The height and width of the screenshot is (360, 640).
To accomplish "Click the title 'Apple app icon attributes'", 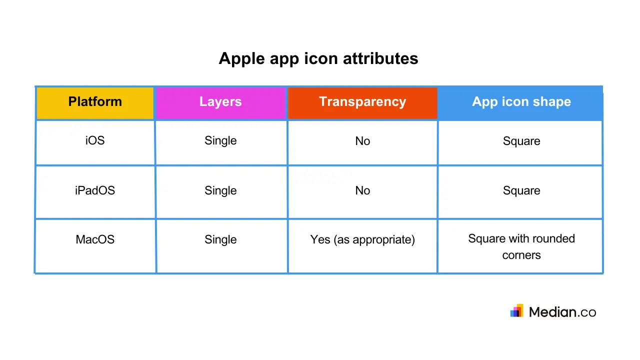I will click(x=318, y=58).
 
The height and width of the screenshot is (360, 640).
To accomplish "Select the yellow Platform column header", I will click(x=95, y=102).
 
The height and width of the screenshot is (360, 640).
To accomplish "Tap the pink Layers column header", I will click(x=220, y=102).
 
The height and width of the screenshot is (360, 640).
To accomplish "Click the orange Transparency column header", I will click(x=362, y=102).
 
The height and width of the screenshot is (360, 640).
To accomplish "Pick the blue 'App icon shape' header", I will click(x=521, y=102).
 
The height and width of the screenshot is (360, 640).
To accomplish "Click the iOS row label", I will click(x=95, y=140).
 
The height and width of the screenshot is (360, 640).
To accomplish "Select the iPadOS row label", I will click(x=95, y=190).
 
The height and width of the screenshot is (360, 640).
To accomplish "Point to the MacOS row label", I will click(x=95, y=239).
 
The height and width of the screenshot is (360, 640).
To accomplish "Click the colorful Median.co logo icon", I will click(x=517, y=311).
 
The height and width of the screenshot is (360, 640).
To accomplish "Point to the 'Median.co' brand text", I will click(x=562, y=312).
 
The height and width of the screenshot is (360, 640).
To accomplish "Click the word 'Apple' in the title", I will click(x=242, y=58).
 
